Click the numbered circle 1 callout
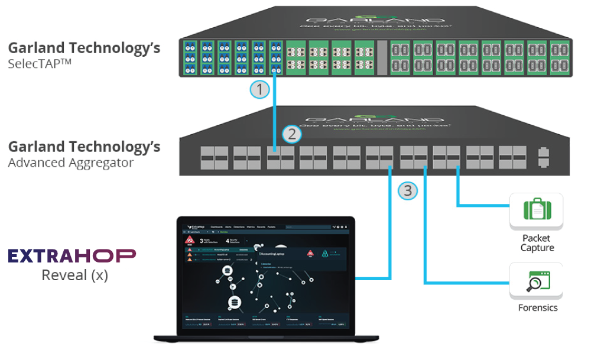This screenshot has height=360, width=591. pos(259,90)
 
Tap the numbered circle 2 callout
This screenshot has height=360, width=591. pos(290,134)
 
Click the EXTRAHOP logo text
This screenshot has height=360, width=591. pos(72,255)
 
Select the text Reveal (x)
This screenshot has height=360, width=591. pos(74,275)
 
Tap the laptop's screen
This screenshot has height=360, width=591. pos(265,274)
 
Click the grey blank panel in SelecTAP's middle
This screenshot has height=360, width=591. pos(382,57)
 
